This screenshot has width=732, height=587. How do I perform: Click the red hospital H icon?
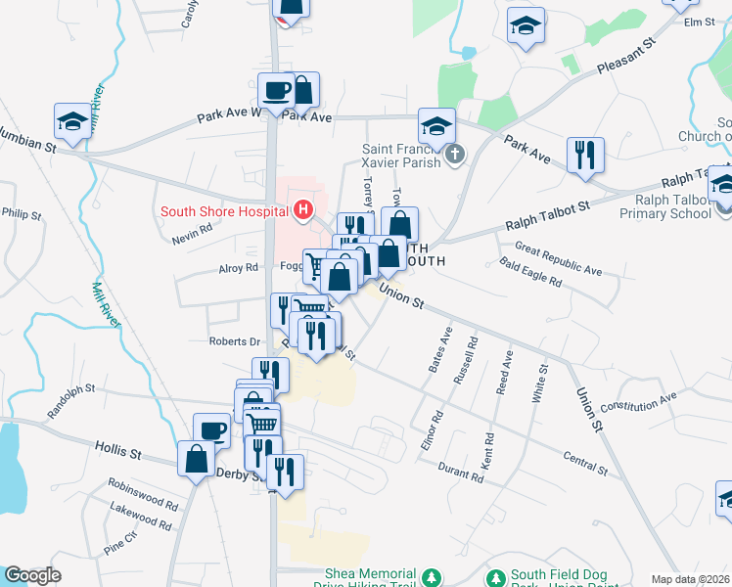[303, 209]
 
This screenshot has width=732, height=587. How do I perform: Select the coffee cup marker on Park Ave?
[275, 91]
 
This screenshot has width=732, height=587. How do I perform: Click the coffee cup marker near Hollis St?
[212, 430]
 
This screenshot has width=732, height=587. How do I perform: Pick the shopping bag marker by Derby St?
[196, 459]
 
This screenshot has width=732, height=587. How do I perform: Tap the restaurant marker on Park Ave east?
[585, 155]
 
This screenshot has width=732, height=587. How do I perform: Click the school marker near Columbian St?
[71, 122]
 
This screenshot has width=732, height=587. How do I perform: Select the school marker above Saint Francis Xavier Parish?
[437, 126]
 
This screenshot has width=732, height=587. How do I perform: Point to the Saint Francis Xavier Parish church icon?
[453, 155]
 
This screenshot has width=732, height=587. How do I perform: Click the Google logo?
[33, 575]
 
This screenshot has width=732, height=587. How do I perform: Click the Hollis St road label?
[119, 451]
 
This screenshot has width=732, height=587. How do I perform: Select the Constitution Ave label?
[639, 400]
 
